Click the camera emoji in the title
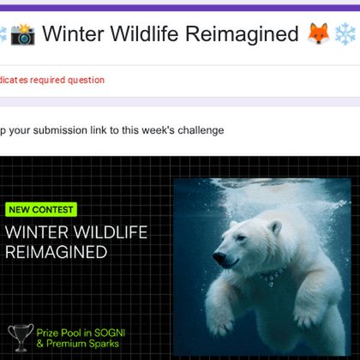pyautogui.click(x=23, y=35)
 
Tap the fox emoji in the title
pyautogui.click(x=317, y=35)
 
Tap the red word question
pyautogui.click(x=87, y=80)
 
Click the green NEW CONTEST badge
pyautogui.click(x=40, y=209)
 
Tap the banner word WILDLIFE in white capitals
pyautogui.click(x=108, y=232)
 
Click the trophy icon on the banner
pyautogui.click(x=19, y=337)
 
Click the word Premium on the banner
pyautogui.click(x=62, y=344)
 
